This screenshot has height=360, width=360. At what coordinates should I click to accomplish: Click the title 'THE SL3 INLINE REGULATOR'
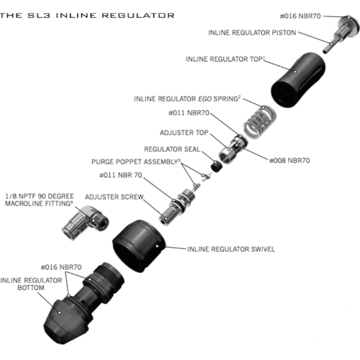(87, 16)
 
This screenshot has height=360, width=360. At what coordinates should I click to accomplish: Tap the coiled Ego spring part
(260, 122)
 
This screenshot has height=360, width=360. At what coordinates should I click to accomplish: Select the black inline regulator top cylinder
(298, 80)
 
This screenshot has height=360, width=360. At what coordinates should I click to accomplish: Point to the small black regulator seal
(216, 166)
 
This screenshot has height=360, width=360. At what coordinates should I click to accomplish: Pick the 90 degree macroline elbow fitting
(85, 223)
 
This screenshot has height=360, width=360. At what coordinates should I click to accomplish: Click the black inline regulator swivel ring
(139, 246)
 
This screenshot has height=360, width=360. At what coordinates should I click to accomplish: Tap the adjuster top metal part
(232, 149)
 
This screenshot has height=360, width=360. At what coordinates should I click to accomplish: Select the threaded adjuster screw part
(177, 207)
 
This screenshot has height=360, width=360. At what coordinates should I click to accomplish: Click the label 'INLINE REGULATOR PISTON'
(252, 33)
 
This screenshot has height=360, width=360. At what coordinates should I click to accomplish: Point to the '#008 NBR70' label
(289, 160)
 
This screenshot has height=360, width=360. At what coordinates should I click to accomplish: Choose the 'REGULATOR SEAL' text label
(172, 149)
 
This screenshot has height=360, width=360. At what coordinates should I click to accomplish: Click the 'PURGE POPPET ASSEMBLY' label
(135, 162)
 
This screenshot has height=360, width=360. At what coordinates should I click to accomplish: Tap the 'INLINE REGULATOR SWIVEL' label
(231, 249)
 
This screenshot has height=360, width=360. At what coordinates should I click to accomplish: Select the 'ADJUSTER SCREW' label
(114, 197)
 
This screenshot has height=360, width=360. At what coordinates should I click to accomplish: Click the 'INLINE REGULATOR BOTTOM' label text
(31, 284)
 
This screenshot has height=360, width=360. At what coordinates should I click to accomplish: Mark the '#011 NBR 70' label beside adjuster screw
(121, 175)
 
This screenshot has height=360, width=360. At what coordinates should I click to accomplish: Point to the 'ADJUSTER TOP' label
(184, 133)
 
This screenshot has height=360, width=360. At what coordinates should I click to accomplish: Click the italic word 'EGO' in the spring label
(205, 99)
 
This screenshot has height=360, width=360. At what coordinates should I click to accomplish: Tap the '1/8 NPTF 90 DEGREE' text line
(39, 196)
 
